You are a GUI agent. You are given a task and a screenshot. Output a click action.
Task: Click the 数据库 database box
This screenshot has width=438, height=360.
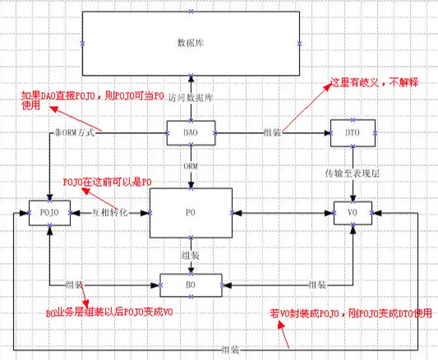190,42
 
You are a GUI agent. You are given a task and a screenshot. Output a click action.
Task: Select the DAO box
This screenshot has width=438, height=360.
190,132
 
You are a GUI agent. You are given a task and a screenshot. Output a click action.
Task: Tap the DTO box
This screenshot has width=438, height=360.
352,132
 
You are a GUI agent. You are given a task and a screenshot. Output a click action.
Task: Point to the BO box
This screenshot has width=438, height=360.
190,284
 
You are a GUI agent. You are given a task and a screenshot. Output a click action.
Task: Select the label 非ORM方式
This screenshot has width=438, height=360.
74,133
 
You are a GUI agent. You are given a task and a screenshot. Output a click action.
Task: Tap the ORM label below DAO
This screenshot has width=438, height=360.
190,165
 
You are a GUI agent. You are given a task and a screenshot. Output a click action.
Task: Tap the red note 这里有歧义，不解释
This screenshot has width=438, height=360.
375,83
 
